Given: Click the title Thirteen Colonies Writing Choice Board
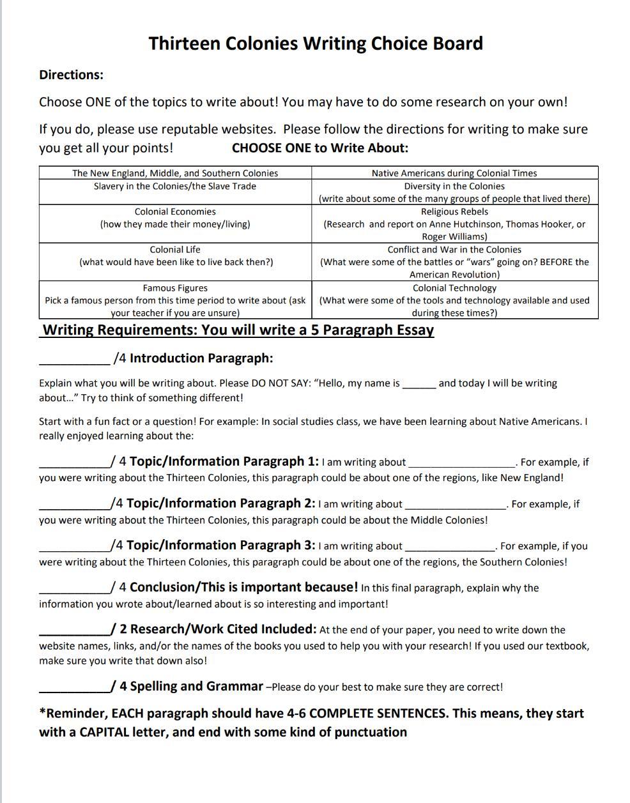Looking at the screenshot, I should (x=316, y=43).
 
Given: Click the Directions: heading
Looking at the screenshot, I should (x=71, y=75).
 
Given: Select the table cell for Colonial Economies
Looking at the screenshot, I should (x=175, y=218).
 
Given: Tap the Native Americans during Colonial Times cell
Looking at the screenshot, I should (x=454, y=173).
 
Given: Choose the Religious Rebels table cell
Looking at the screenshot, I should (x=454, y=224).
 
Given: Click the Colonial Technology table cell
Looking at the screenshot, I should (x=454, y=300).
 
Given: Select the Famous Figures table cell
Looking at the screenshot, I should (x=175, y=300).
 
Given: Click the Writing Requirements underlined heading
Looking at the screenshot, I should (x=238, y=330).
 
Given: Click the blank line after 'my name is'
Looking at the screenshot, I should (x=419, y=385).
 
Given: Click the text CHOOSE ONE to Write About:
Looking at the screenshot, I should (x=319, y=148).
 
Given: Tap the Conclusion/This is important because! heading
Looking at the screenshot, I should (x=243, y=587).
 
